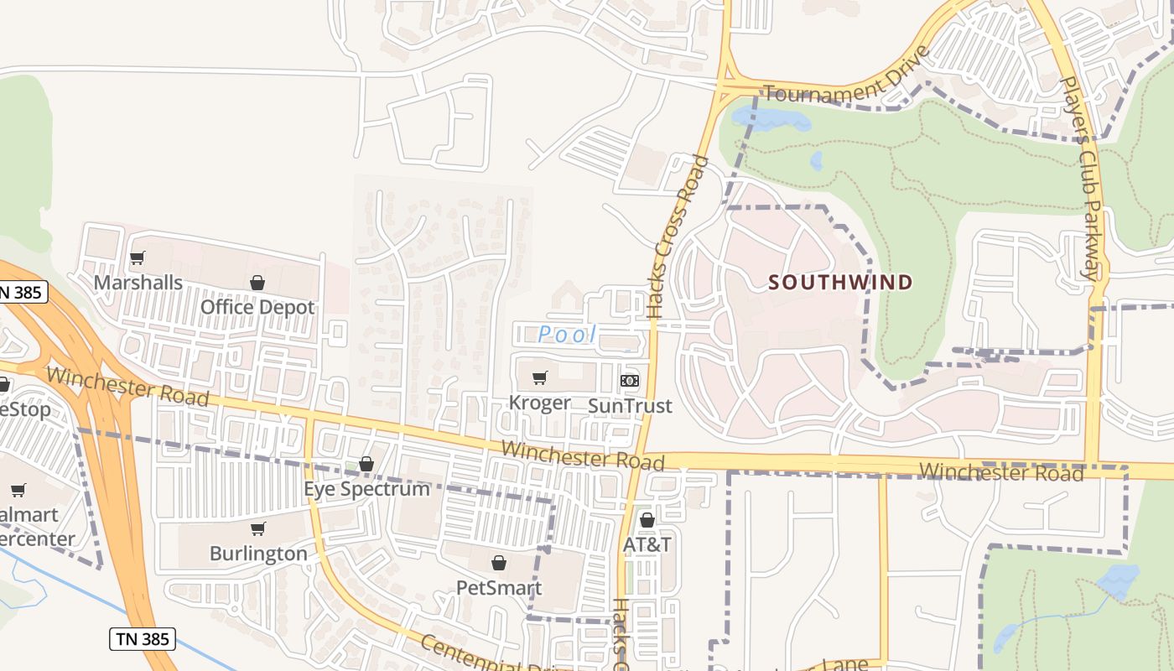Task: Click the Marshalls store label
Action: coord(138,282)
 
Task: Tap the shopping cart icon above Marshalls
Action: coord(138,257)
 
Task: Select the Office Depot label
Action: coord(257,307)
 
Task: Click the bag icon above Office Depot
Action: coord(257,283)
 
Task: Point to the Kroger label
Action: coord(540,403)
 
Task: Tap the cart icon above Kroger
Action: coord(540,378)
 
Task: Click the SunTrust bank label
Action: coord(630,406)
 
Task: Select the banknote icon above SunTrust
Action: coord(630,381)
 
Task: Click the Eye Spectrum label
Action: coord(366,488)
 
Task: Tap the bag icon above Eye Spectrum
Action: coord(366,464)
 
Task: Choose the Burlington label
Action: coord(258,554)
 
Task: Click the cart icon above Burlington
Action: coord(258,529)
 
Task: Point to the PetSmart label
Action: coord(499,587)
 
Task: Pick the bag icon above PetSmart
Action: coord(499,563)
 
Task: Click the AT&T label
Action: coord(647,544)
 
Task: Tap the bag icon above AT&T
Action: coord(647,520)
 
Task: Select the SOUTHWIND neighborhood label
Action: coord(840,282)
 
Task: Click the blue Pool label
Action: coord(567,335)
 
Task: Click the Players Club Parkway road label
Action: coord(1080,178)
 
